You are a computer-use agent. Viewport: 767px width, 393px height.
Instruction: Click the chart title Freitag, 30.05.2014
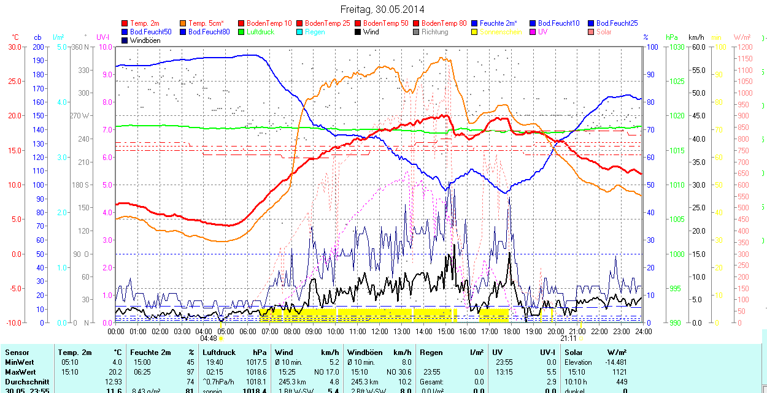pos(382,9)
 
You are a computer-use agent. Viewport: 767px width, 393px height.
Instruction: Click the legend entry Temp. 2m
pos(144,23)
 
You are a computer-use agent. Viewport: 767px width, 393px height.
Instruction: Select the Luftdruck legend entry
pos(260,32)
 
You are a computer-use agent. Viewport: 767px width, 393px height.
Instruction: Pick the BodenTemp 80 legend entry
pos(444,23)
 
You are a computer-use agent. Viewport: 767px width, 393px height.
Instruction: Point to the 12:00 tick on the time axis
pos(379,332)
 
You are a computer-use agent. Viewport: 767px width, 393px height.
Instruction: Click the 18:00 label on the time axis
pos(511,332)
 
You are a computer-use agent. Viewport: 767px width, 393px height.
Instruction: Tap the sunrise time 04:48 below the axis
pos(209,338)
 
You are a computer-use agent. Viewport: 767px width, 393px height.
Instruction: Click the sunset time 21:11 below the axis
pos(568,338)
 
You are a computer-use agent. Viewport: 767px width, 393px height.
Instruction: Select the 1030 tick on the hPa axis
pos(677,47)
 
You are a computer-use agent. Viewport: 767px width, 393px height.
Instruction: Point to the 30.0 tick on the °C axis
pos(14,47)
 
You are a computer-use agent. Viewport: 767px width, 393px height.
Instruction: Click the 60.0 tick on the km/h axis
pos(698,47)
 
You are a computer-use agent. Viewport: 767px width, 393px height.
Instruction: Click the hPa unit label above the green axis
pos(671,37)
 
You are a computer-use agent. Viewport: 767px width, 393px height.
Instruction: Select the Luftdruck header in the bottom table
pos(218,353)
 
